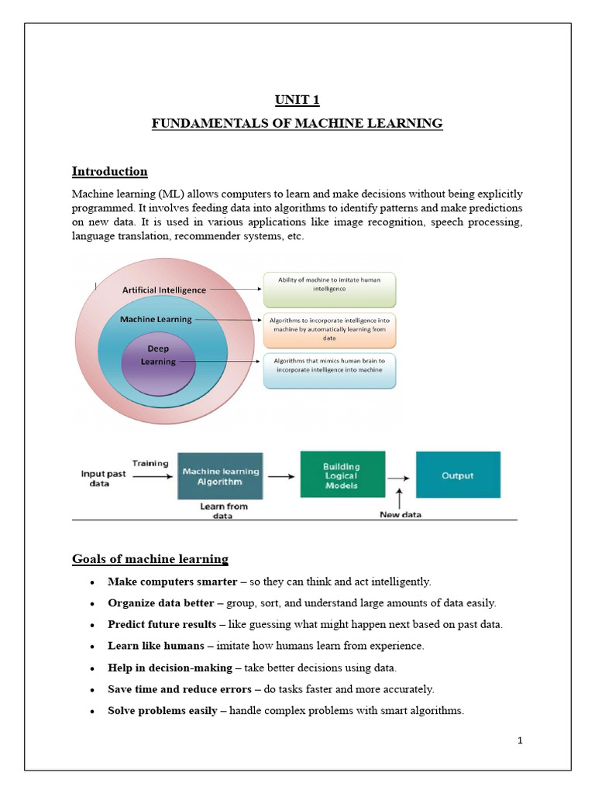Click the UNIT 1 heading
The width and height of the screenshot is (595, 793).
tap(297, 99)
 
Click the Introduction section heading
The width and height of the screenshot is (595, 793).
tap(109, 171)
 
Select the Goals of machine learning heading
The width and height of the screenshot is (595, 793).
tap(150, 558)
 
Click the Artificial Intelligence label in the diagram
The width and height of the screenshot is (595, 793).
tap(164, 290)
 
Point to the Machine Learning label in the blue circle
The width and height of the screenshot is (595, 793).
tap(156, 318)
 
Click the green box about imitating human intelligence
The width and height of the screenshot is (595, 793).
tap(329, 288)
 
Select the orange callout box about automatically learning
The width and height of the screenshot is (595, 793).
tap(329, 328)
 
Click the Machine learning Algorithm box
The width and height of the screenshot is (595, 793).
tap(221, 475)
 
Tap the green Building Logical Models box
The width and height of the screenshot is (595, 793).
tap(341, 475)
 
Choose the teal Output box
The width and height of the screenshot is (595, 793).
tap(457, 475)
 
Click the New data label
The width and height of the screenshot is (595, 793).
tap(401, 514)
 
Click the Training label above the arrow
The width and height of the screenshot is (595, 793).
tap(150, 463)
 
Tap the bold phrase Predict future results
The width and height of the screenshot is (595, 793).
tap(162, 624)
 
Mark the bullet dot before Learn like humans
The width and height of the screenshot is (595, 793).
tap(93, 646)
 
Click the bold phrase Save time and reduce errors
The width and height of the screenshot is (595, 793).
tap(180, 688)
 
